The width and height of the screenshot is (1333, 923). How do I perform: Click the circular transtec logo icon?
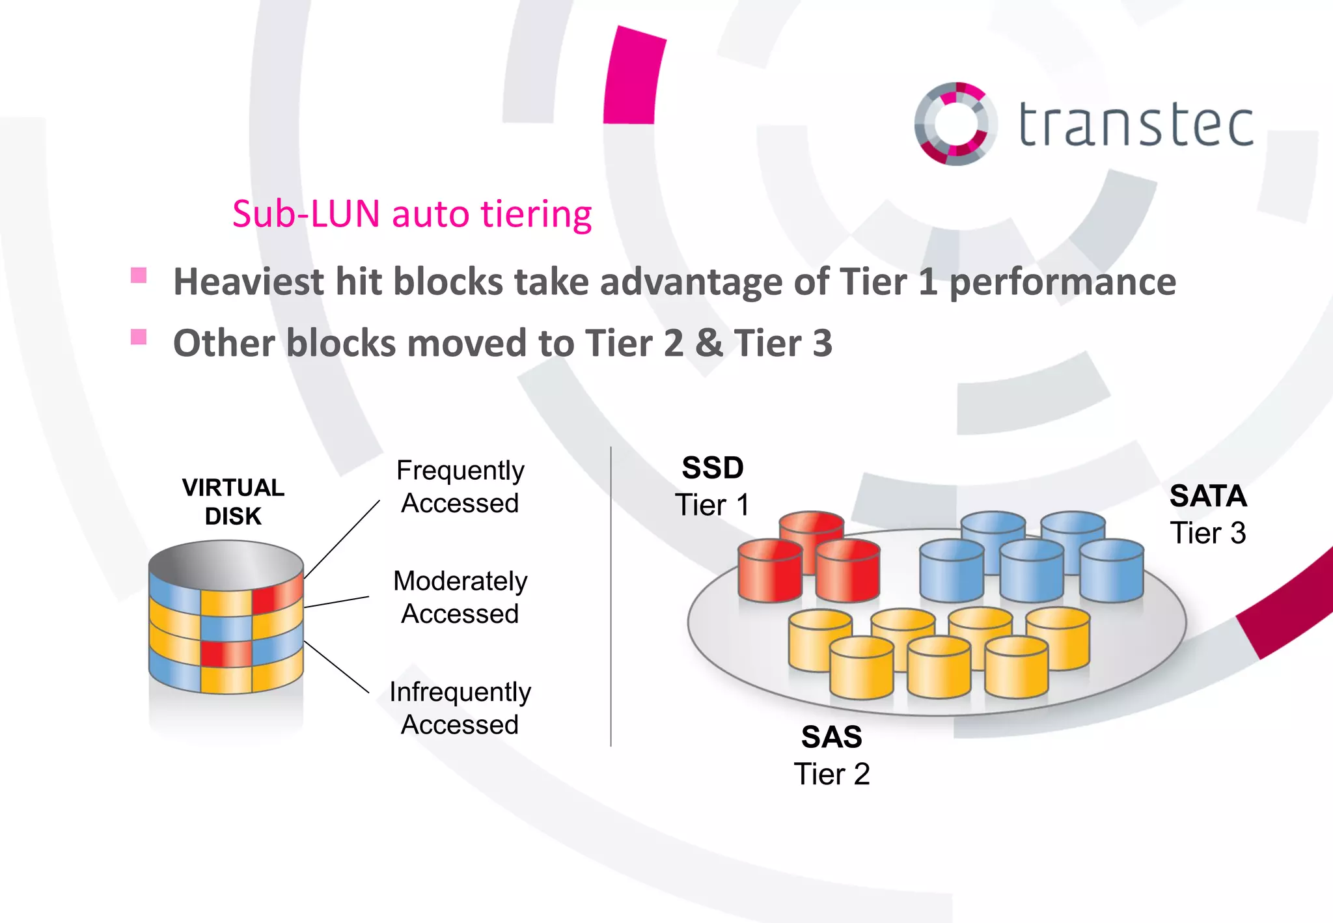pos(955,124)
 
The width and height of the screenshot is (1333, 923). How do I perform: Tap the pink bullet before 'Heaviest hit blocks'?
pos(139,275)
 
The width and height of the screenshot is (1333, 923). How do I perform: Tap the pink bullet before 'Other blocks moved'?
pos(139,337)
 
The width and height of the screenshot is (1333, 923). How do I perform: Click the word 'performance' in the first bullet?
pos(1062,282)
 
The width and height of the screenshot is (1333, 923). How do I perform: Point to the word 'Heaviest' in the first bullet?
pos(248,282)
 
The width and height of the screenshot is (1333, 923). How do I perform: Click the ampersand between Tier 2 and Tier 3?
pos(709,343)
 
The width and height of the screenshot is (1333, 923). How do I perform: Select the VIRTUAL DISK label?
pos(233,502)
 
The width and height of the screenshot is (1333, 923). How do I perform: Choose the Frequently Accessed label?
pos(460,486)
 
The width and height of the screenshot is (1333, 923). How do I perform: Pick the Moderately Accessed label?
pos(460,597)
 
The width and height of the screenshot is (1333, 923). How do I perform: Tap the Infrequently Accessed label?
pos(460,708)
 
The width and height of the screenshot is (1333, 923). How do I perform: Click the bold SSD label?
pos(713,468)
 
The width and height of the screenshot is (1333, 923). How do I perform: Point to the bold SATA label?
pos(1208,496)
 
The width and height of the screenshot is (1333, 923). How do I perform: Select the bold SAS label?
pos(831,737)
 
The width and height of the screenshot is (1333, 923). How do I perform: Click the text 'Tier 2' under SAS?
pos(831,775)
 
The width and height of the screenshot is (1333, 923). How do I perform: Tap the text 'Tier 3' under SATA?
pos(1208,533)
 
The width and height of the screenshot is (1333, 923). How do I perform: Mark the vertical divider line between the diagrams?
pos(611,596)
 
